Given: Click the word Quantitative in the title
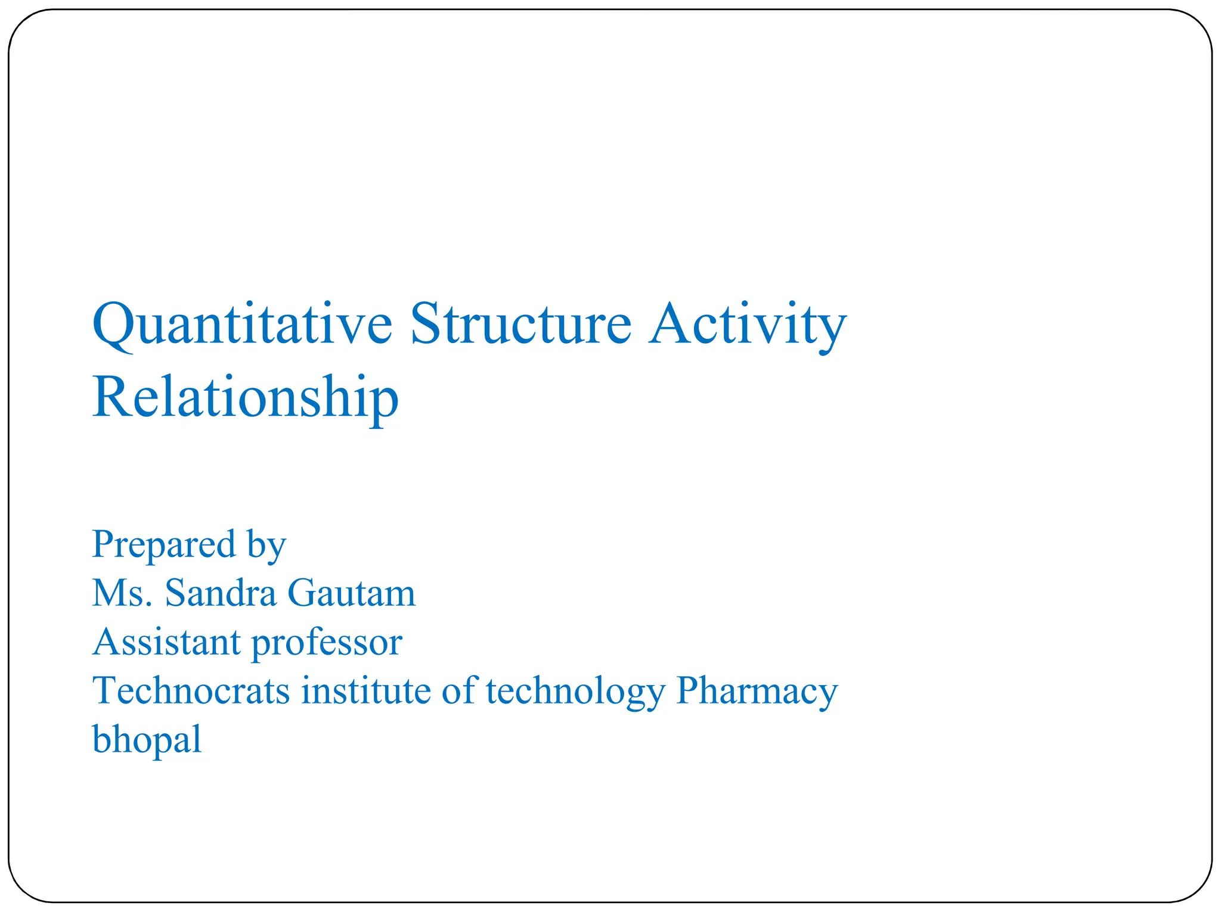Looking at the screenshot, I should [243, 325].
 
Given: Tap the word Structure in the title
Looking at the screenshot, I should [520, 325].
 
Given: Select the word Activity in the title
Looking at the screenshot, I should [748, 325].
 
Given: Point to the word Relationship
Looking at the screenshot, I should [245, 398].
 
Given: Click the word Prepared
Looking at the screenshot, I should [164, 544].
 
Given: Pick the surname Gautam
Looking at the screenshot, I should [351, 593].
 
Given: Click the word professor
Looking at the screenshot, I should [327, 643].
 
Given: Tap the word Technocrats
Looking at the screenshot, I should [191, 691].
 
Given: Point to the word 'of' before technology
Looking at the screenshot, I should [459, 691].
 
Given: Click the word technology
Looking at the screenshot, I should [575, 692].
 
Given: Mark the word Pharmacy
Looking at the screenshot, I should [757, 692].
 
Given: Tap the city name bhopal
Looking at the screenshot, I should [147, 740].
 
